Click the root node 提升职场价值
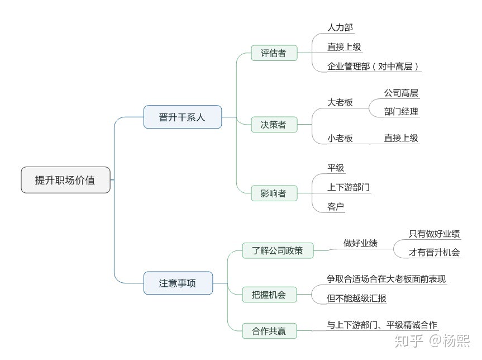65,180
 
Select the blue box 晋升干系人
182,117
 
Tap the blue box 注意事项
178,283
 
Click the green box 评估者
273,53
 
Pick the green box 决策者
273,125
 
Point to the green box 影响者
273,193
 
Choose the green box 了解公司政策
277,250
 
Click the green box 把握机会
269,295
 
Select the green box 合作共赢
269,331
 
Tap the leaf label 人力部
340,27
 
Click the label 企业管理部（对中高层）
373,67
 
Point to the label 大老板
340,103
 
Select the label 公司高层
401,93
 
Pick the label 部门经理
401,111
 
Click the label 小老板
340,138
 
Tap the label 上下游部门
349,187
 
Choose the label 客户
336,207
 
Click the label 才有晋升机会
435,252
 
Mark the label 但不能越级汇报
357,299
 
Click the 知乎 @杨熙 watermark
431,339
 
